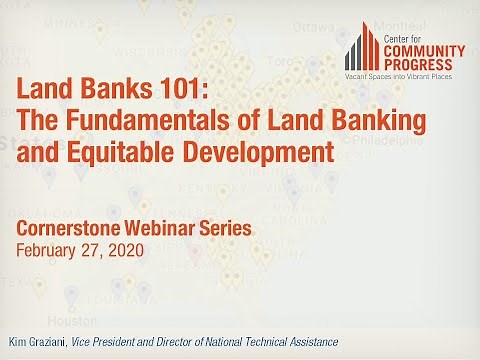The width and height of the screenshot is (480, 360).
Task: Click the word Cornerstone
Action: [67, 229]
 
